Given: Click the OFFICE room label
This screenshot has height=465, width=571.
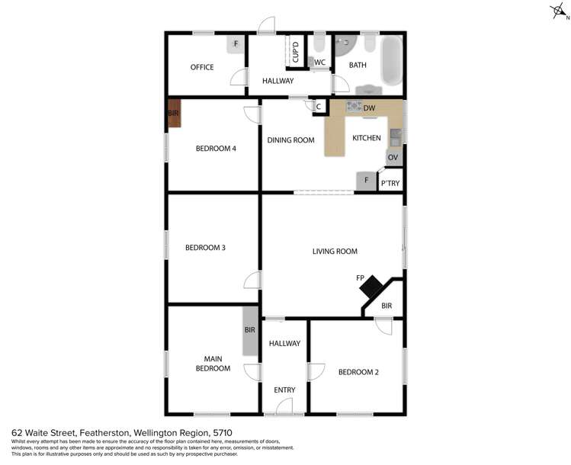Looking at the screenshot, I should tap(202, 67).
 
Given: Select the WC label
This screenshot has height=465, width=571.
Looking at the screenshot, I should tap(320, 63).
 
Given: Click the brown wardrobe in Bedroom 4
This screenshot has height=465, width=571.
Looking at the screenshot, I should tap(174, 114).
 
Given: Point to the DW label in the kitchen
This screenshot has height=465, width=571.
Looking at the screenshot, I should tap(369, 108).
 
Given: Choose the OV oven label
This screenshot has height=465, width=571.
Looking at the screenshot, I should tap(393, 157).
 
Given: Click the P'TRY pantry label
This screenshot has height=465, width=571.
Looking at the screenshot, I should tap(390, 183).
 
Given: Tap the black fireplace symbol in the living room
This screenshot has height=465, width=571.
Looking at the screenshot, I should tap(372, 287).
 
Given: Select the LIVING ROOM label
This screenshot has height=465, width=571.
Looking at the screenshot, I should tap(335, 251).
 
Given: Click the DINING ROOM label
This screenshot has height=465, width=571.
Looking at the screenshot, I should tap(290, 139).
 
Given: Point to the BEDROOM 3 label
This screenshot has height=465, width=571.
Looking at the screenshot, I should tap(205, 247).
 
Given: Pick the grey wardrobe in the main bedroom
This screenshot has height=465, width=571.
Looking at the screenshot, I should tap(250, 331).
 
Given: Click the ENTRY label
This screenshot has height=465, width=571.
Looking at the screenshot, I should tap(284, 390).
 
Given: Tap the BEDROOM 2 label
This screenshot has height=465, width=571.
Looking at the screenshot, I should tap(358, 372).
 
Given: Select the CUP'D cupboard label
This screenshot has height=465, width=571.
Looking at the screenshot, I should tap(295, 53).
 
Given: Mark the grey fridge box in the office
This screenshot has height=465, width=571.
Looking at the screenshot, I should tap(236, 44).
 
